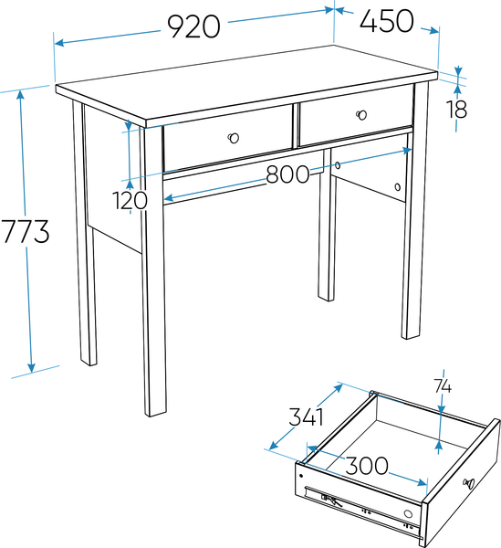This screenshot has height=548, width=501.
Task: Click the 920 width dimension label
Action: pyautogui.click(x=193, y=26)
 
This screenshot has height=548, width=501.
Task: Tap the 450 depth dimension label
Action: pyautogui.click(x=387, y=21)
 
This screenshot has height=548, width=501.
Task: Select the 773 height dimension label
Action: pyautogui.click(x=26, y=231)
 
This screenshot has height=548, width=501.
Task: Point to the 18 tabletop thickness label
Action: pyautogui.click(x=456, y=109)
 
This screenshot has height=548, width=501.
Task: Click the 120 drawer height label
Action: pyautogui.click(x=130, y=201)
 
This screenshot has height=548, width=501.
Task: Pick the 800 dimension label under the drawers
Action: pyautogui.click(x=287, y=174)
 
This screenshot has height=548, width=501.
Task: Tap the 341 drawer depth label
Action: pyautogui.click(x=306, y=416)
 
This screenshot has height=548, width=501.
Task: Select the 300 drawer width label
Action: pyautogui.click(x=367, y=465)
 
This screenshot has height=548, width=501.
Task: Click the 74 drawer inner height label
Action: pyautogui.click(x=443, y=386)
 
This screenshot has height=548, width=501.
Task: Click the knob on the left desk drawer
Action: pyautogui.click(x=234, y=138)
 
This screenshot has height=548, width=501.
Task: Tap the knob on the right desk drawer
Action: pyautogui.click(x=362, y=115)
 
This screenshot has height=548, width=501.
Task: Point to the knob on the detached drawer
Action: pyautogui.click(x=468, y=483)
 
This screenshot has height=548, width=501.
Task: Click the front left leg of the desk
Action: pyautogui.click(x=153, y=271)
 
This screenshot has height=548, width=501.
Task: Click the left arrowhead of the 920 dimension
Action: pyautogui.click(x=59, y=43)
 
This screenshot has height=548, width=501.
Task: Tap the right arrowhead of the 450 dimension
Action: pyautogui.click(x=434, y=31)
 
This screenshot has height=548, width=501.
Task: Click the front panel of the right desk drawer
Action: pyautogui.click(x=356, y=116)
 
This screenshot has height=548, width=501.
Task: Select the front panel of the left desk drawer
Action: pyautogui.click(x=227, y=139)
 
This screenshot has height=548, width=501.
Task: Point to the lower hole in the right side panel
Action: pyautogui.click(x=398, y=187)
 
